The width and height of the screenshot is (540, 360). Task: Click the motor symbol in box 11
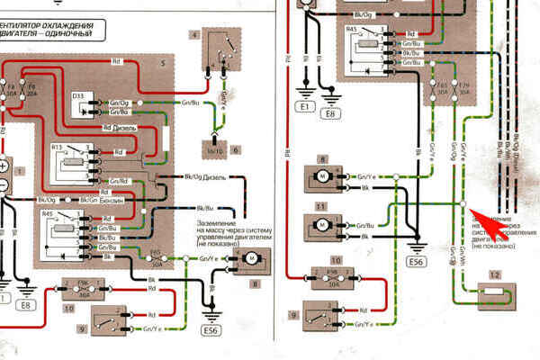point(322,229)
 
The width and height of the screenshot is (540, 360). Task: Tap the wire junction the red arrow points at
point(463,205)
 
